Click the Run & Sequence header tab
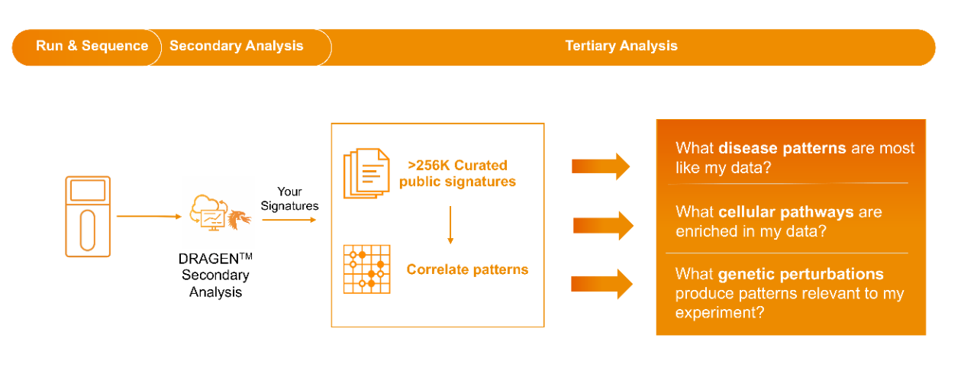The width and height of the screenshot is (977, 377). pos(92,46)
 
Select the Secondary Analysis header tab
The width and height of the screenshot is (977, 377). pos(236,46)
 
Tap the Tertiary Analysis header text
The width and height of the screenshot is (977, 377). pos(621,46)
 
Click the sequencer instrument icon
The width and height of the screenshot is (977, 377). pos(88,216)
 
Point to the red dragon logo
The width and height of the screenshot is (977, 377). pos(239,218)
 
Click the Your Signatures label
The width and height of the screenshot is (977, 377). pos(290,198)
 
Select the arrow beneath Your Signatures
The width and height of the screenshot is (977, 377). pos(289,220)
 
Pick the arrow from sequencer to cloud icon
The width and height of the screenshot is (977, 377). pos(148,216)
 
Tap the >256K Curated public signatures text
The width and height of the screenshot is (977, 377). pos(457,173)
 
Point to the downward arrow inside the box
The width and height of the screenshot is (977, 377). pos(450,224)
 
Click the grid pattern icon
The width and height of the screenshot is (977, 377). pos(366,269)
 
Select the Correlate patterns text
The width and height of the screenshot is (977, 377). pos(467,269)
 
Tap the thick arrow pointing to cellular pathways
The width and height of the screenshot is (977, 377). pos(603,225)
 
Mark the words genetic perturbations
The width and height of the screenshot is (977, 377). pos(801,274)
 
